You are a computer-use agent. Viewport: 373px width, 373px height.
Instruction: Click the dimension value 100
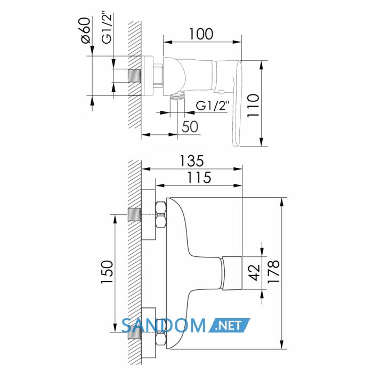tap(201, 34)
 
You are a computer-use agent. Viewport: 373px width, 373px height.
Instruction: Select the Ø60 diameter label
tap(86, 30)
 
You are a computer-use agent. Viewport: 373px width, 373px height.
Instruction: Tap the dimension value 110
tap(253, 106)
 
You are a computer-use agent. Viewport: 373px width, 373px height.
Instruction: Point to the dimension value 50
tap(190, 127)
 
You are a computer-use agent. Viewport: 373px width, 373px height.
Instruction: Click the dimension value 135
tap(191, 161)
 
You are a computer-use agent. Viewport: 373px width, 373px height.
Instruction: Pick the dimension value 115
tap(199, 177)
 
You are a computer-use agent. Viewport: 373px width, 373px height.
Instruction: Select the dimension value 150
tap(107, 272)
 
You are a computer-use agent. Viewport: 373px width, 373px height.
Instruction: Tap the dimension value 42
tap(255, 273)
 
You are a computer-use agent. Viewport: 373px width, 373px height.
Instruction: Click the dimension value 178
tap(273, 271)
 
